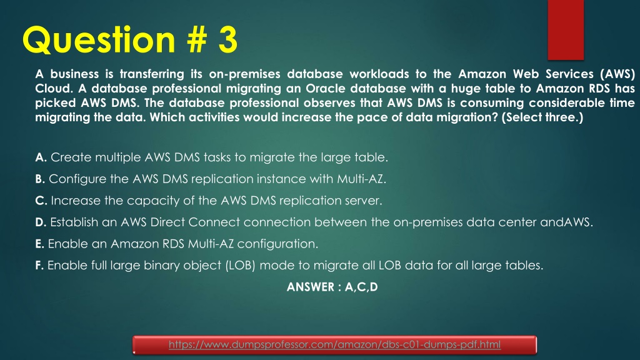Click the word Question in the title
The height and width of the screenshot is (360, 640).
click(x=94, y=40)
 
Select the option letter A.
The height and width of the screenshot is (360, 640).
click(x=40, y=157)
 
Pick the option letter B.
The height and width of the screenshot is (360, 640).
click(x=40, y=179)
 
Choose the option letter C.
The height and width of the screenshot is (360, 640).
click(x=40, y=201)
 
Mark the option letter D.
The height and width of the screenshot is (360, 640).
click(x=40, y=223)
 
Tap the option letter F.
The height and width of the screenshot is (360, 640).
click(x=39, y=265)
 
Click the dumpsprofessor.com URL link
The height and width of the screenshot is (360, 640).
click(x=335, y=345)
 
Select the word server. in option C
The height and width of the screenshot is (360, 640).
click(x=366, y=201)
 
